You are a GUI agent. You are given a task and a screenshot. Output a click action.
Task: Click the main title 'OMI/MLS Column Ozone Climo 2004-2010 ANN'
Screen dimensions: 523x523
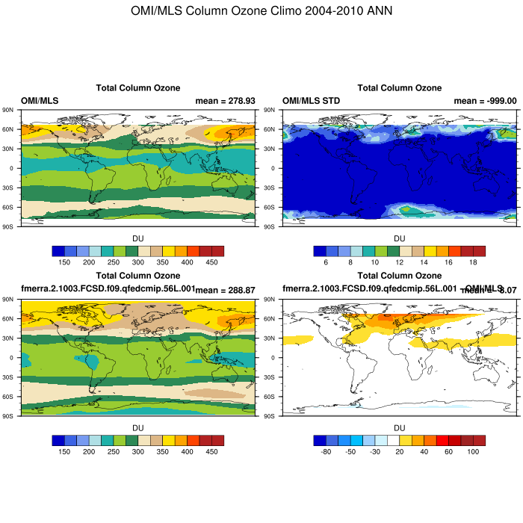point(261,11)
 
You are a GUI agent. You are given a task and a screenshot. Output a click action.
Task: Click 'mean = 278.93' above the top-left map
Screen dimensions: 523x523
point(225,100)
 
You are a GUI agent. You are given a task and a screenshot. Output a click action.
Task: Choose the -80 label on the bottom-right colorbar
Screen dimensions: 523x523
point(326,451)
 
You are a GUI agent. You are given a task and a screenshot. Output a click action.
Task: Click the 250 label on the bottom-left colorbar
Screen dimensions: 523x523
point(114,451)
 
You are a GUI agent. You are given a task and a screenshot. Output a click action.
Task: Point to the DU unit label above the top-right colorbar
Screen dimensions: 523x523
point(400,238)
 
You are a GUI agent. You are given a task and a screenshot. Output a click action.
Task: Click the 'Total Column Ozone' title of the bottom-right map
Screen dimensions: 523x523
point(400,277)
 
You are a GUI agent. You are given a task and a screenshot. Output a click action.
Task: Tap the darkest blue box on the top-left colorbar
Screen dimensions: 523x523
point(58,251)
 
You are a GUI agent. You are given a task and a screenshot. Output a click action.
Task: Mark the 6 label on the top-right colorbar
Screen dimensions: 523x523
point(326,262)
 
